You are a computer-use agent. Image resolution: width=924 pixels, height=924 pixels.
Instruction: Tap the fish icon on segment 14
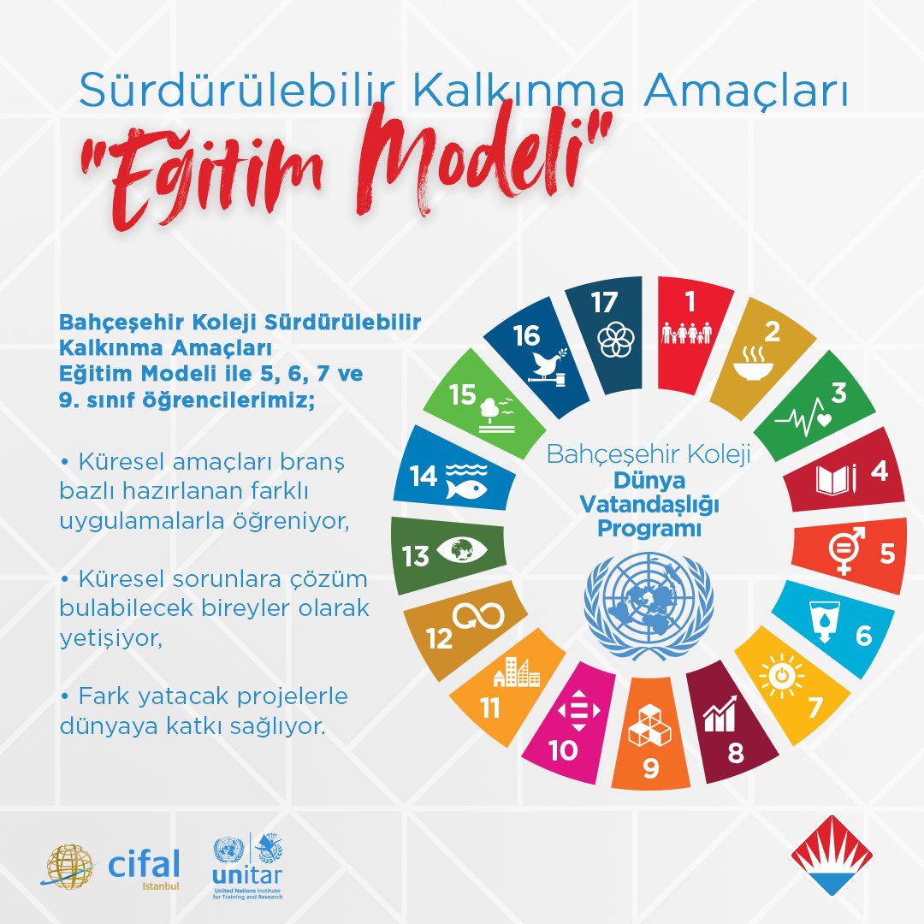pyautogui.click(x=465, y=489)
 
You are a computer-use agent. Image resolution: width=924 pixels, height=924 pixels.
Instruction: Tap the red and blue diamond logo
pyautogui.click(x=831, y=856)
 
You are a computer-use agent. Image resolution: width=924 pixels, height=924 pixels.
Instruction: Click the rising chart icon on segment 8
pyautogui.click(x=720, y=715)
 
